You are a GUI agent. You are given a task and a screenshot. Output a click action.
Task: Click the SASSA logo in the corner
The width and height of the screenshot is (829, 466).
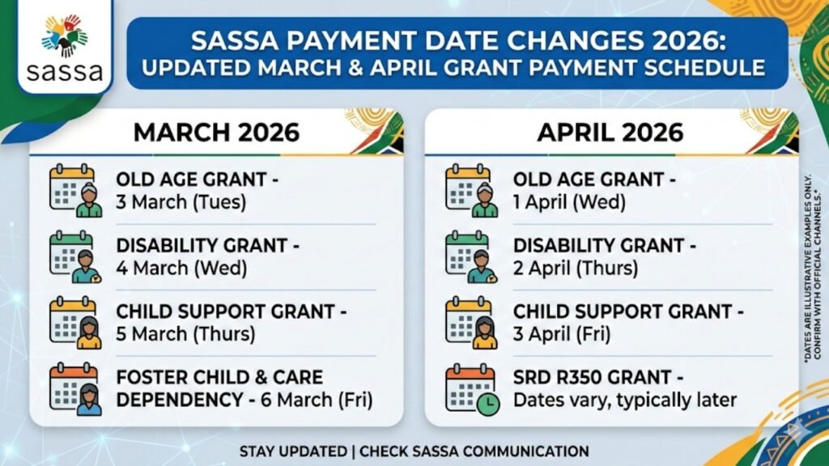(64, 47)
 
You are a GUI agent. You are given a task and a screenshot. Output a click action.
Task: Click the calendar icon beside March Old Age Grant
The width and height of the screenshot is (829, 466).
(75, 191)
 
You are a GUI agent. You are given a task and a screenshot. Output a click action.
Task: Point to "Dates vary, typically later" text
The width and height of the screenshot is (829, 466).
(624, 400)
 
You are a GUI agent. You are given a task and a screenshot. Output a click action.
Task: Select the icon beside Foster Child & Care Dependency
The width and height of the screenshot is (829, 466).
(75, 390)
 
